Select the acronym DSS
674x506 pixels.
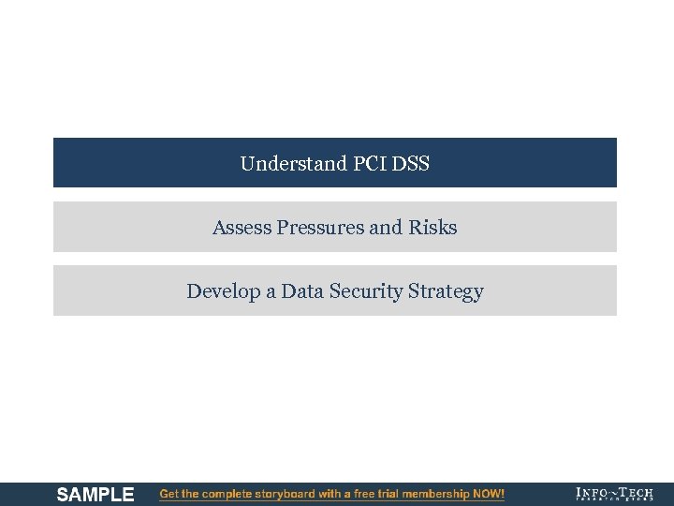coord(412,164)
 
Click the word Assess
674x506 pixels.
coord(242,228)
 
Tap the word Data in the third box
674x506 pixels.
coord(301,291)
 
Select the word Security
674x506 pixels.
coord(366,291)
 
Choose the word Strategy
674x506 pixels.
coord(447,291)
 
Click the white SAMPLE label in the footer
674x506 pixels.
coord(95,494)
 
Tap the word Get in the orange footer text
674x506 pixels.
coord(169,494)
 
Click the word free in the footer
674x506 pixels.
coord(364,494)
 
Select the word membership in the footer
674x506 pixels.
coord(440,494)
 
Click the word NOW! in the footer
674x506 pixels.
coord(489,494)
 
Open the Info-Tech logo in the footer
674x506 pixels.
coord(614,494)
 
